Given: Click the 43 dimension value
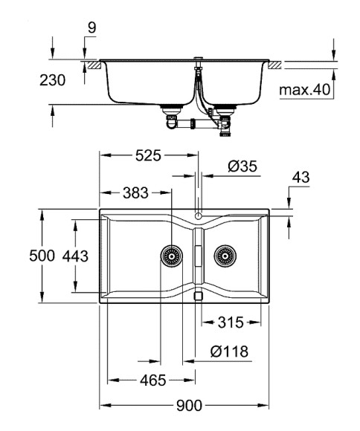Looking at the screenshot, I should tap(301, 179).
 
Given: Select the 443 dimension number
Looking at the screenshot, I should tap(75, 256).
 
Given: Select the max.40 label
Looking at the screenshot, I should tap(303, 90).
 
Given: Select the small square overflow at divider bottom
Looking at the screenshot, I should tap(197, 296).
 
